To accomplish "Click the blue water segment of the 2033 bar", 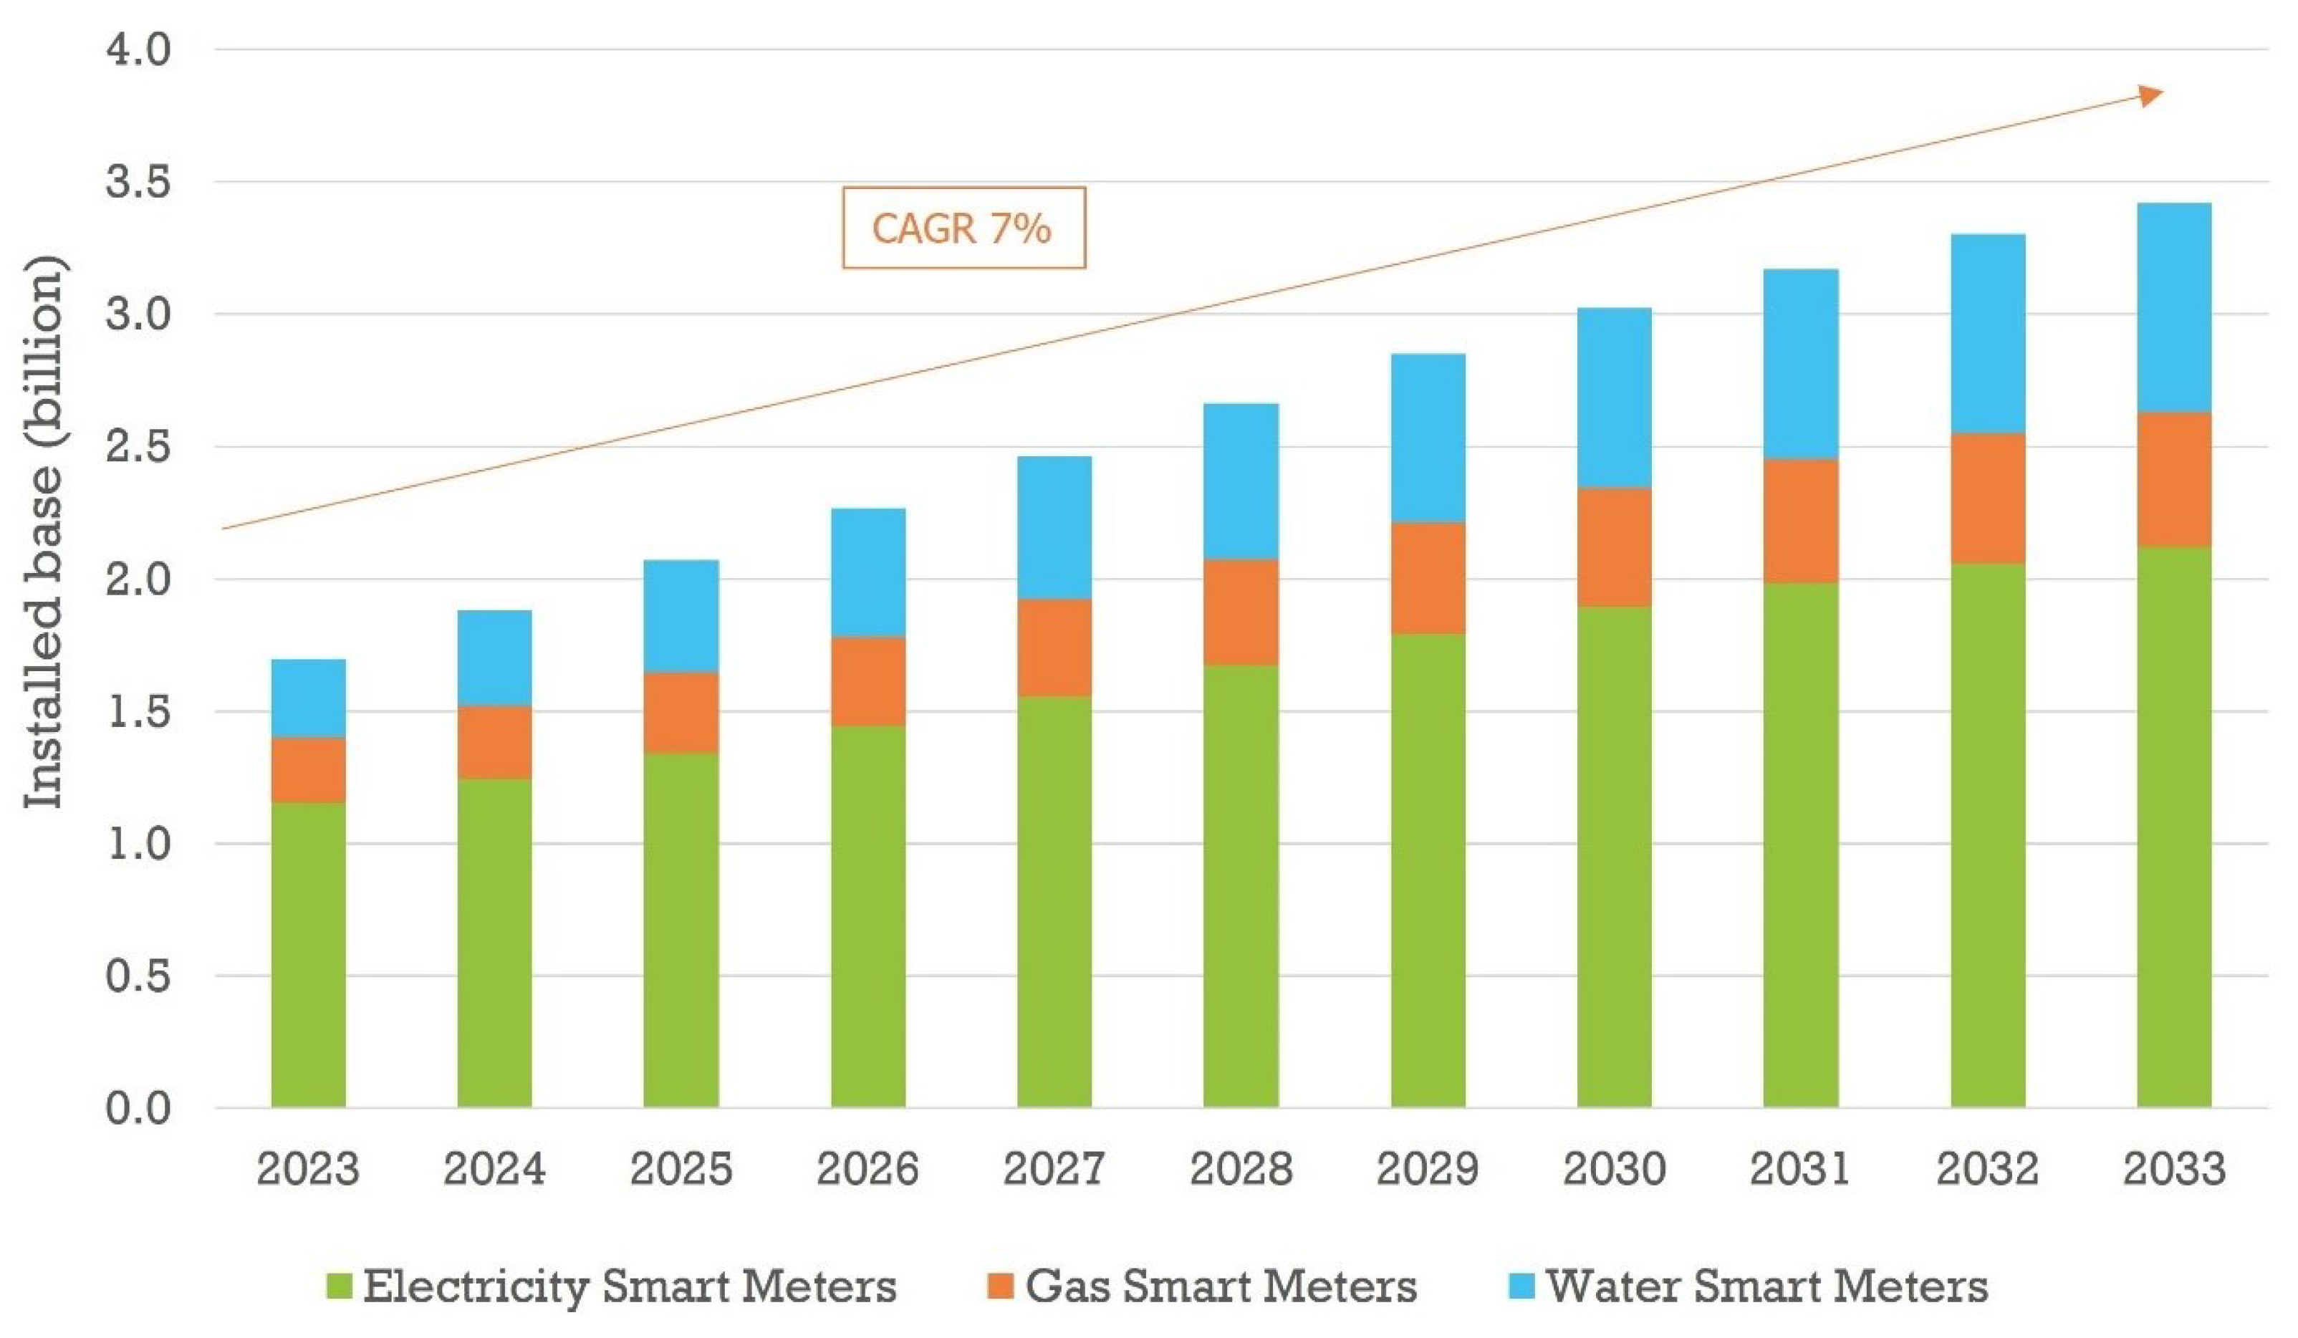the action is tap(2174, 307).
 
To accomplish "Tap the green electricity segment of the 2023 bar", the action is tap(308, 955).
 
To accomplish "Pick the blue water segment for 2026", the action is tap(868, 573).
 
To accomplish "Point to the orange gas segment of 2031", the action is tap(1800, 521).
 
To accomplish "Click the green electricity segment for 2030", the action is tap(1614, 857).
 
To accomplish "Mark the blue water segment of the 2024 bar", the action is tap(494, 658).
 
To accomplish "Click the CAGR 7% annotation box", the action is tap(964, 228).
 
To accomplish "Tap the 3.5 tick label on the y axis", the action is tap(138, 183).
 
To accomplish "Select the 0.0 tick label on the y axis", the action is tap(138, 1108).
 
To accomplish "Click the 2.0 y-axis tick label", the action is tap(138, 579).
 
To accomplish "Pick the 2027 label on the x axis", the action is tap(1054, 1168).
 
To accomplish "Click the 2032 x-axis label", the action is tap(1987, 1168).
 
